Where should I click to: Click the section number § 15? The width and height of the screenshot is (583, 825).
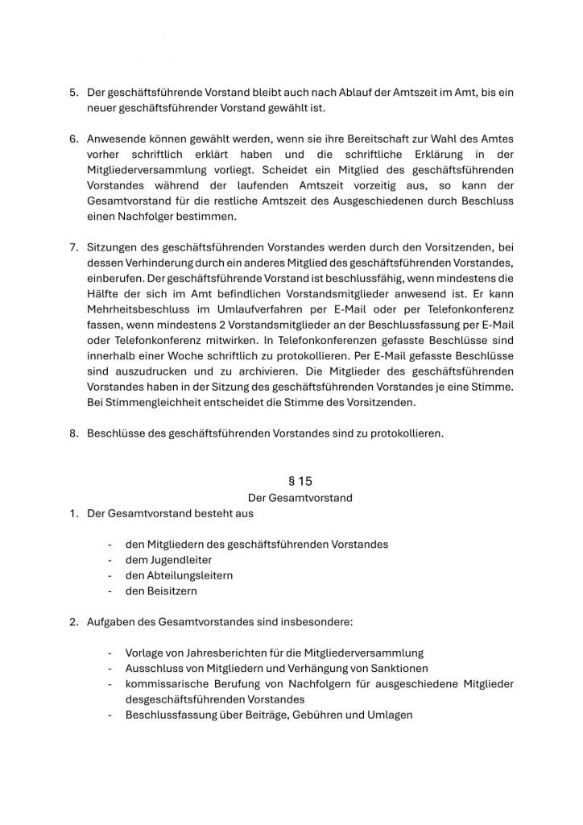pyautogui.click(x=300, y=481)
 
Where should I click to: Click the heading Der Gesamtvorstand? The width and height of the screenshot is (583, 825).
pyautogui.click(x=300, y=498)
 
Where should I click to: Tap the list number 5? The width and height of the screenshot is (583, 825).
pyautogui.click(x=72, y=93)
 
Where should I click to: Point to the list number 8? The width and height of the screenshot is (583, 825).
pyautogui.click(x=72, y=433)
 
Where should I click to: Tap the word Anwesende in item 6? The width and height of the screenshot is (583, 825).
pyautogui.click(x=119, y=139)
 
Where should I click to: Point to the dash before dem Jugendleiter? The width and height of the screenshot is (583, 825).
pyautogui.click(x=109, y=560)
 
